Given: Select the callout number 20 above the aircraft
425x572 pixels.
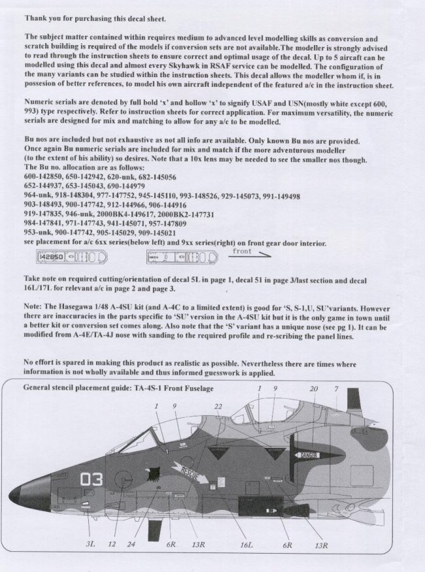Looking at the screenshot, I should coord(313,389).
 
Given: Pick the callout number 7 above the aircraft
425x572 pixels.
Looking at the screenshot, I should coord(335,389).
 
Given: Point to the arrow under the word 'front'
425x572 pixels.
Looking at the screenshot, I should coord(251,256).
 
